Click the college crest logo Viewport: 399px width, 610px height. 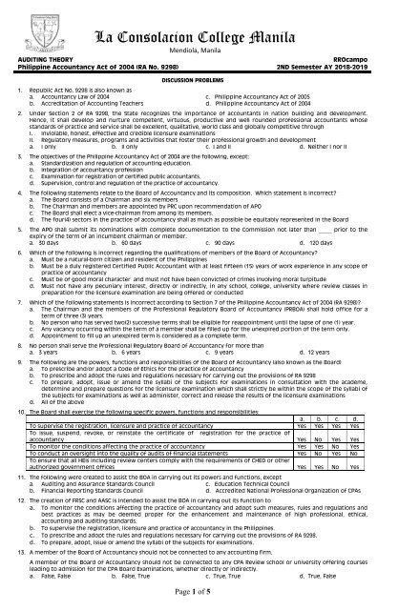click(x=26, y=30)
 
